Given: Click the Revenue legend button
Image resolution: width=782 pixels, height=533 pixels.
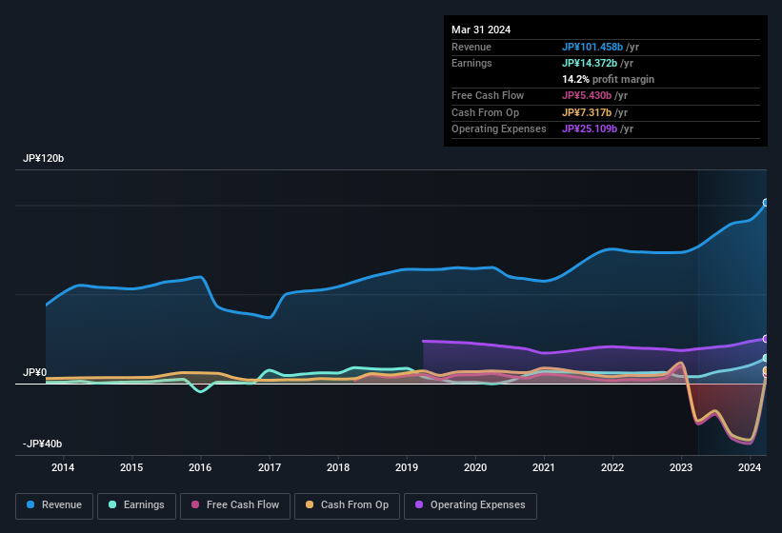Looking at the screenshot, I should click(55, 505).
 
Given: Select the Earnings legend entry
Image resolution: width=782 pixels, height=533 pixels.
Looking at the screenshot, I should click(137, 505).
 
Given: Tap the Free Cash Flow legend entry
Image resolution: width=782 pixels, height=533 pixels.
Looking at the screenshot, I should click(236, 505).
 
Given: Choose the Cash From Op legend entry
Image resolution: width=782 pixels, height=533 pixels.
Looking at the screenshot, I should click(348, 505).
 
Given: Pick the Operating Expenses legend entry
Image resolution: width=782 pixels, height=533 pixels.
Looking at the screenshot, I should click(471, 505).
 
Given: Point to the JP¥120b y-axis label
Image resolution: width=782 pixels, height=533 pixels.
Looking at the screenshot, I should click(44, 159).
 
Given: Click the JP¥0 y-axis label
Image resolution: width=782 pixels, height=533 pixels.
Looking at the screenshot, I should click(34, 373).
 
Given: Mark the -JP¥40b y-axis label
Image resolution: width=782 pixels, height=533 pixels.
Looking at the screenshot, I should click(43, 444).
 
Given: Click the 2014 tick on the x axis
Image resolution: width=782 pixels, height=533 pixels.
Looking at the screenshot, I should click(63, 467).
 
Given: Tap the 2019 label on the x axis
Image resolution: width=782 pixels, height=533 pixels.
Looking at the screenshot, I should click(407, 467).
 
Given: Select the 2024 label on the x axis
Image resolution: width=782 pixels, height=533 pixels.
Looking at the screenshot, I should click(750, 467).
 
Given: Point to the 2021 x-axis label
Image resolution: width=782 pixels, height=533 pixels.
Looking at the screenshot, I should click(544, 467).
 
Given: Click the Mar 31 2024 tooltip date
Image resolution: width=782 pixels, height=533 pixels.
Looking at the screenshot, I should click(481, 30).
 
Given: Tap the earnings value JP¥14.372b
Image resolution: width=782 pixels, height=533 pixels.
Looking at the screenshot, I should click(591, 63).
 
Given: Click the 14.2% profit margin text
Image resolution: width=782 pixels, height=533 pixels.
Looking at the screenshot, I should click(608, 79).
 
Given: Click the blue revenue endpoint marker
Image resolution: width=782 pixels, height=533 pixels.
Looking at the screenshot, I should click(765, 203).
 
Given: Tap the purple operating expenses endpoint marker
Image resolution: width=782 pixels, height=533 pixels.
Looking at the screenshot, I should click(765, 339).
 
